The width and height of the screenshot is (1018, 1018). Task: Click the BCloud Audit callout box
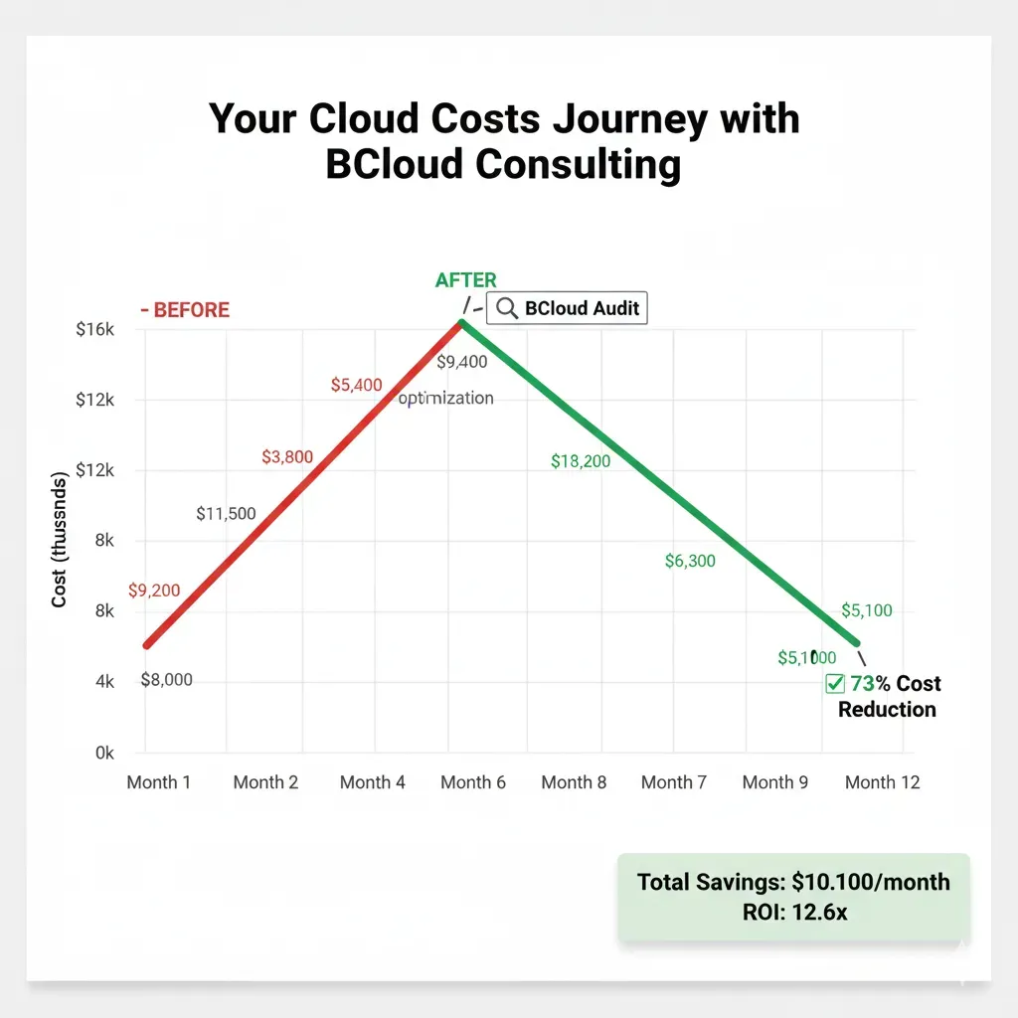(567, 308)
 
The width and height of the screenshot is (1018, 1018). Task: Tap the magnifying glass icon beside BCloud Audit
(507, 308)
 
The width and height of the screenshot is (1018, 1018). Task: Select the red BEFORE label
(186, 310)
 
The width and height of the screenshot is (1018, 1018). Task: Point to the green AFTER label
(466, 280)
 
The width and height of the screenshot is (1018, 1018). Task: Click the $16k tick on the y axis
(95, 330)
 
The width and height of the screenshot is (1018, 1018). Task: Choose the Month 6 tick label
(473, 782)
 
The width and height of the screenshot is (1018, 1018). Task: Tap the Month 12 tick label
(882, 782)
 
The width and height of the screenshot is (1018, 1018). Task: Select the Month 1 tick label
(159, 782)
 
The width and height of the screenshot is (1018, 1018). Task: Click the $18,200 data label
(581, 461)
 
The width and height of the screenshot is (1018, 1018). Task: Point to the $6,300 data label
(690, 562)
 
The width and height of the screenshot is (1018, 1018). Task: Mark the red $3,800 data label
(287, 457)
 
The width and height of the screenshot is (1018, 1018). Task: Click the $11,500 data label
(226, 514)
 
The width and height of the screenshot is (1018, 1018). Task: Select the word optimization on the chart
(446, 399)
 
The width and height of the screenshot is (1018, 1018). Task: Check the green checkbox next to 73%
(835, 684)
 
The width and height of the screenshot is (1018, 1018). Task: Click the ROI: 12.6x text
(793, 912)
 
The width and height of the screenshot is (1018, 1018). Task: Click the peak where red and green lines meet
(461, 321)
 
